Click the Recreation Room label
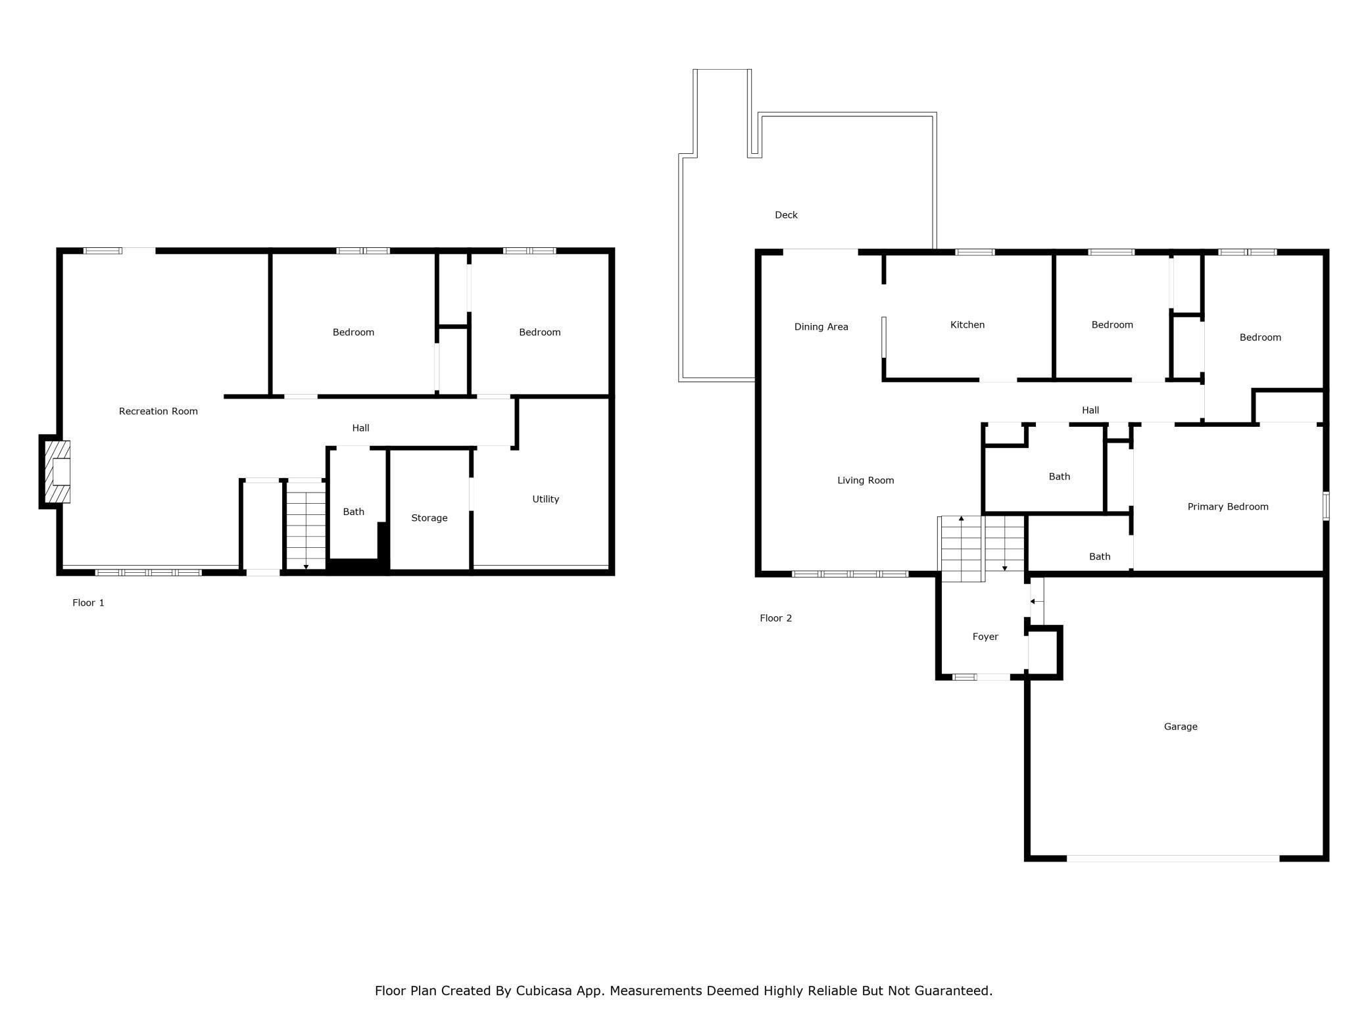(158, 411)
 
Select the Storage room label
(429, 518)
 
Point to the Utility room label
(546, 499)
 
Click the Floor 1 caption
(88, 602)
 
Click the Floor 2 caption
(776, 618)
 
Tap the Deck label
(786, 215)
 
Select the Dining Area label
(821, 327)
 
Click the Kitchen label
(967, 325)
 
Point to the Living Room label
(866, 481)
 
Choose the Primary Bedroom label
(1228, 507)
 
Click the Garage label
(1181, 727)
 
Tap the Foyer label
(985, 637)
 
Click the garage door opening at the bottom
(1173, 858)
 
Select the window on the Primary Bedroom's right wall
(1326, 506)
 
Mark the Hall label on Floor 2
(1090, 410)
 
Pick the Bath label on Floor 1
(353, 512)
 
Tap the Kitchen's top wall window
(975, 252)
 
